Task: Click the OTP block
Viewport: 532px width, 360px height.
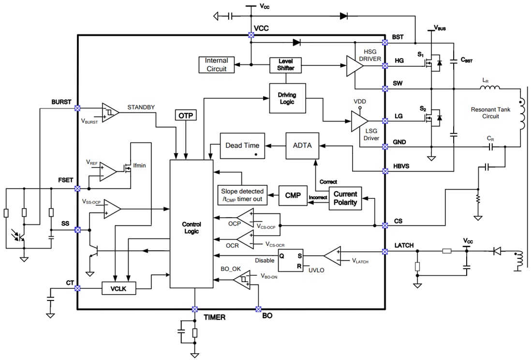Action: (186, 116)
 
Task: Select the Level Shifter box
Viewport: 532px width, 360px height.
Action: (286, 65)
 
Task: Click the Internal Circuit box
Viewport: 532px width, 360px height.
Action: (216, 65)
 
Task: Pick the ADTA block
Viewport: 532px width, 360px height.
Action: (303, 145)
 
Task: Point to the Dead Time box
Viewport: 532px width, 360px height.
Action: (242, 146)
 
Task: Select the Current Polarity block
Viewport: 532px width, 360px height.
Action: (345, 198)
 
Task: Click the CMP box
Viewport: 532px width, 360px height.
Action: (293, 195)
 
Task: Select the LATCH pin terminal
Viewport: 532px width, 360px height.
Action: (385, 251)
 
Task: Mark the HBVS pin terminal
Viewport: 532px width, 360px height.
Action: (385, 171)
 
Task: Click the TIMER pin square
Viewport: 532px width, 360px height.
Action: (194, 309)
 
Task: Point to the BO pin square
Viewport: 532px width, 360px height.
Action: (258, 309)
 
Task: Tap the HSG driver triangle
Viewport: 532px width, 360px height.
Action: (354, 65)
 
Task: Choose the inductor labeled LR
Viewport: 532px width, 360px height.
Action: (490, 88)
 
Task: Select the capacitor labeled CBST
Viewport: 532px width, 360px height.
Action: (454, 61)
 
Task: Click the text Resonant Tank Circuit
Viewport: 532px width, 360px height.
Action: (491, 113)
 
